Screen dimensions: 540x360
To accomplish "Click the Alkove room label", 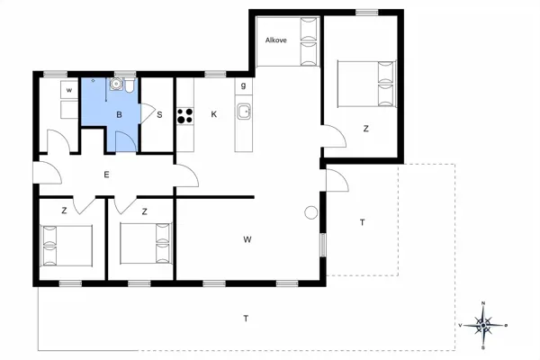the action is [x=276, y=40].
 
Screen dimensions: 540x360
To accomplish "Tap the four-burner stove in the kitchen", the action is [x=184, y=116].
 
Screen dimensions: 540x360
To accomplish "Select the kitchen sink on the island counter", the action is [x=244, y=112].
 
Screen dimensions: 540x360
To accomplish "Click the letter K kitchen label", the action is [x=214, y=114].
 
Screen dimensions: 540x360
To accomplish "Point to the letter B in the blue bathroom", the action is [x=119, y=114].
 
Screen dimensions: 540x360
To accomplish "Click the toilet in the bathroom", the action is [x=130, y=85].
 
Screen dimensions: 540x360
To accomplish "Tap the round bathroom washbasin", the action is [x=116, y=84].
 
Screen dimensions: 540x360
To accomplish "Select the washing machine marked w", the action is [x=69, y=90].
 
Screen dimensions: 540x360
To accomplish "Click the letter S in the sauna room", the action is [x=159, y=114].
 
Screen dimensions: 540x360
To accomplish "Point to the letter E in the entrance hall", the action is [x=106, y=175].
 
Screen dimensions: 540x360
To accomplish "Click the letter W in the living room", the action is [x=247, y=239].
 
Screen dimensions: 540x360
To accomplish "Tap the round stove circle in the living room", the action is [x=311, y=212].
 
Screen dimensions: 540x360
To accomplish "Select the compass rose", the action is [x=483, y=325].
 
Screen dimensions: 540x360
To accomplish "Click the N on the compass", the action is [x=483, y=303].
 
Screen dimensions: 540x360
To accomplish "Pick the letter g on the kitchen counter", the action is [x=244, y=85].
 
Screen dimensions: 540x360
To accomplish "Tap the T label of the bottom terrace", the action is [x=246, y=319].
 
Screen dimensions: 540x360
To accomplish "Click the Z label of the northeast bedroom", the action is [x=365, y=129].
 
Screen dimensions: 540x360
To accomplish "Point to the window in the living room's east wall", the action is [x=323, y=245].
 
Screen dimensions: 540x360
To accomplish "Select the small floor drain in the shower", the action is [x=93, y=81].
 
